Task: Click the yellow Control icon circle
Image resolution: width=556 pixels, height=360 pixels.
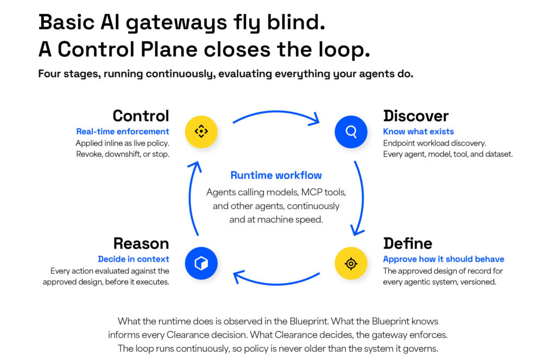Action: pyautogui.click(x=201, y=131)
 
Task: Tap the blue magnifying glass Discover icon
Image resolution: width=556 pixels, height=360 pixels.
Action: pyautogui.click(x=351, y=131)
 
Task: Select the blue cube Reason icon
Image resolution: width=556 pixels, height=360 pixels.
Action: pyautogui.click(x=201, y=263)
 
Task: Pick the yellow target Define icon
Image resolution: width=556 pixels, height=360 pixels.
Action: pyautogui.click(x=351, y=263)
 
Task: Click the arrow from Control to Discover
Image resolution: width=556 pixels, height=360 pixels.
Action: pyautogui.click(x=276, y=112)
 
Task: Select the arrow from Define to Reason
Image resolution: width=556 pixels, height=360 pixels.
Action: pyautogui.click(x=276, y=284)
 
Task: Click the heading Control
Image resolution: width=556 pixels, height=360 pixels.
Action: pyautogui.click(x=141, y=116)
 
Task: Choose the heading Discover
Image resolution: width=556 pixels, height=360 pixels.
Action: pyautogui.click(x=416, y=116)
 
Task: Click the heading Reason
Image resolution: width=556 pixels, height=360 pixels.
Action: pyautogui.click(x=141, y=244)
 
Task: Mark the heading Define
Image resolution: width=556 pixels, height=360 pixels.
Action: pyautogui.click(x=408, y=244)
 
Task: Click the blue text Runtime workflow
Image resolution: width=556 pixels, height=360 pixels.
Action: pyautogui.click(x=276, y=175)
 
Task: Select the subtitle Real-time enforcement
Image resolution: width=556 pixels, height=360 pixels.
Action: pyautogui.click(x=123, y=131)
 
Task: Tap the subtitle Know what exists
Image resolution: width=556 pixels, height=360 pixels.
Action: pyautogui.click(x=419, y=131)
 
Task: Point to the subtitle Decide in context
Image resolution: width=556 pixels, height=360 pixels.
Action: pyautogui.click(x=134, y=259)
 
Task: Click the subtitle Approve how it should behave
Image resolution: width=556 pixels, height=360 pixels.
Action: pyautogui.click(x=444, y=259)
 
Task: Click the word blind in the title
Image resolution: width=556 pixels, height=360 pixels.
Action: pyautogui.click(x=296, y=22)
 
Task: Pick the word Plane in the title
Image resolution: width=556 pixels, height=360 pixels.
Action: pyautogui.click(x=169, y=49)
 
